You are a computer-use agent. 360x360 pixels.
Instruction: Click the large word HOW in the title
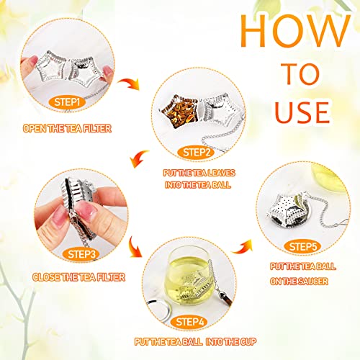click(286, 30)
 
